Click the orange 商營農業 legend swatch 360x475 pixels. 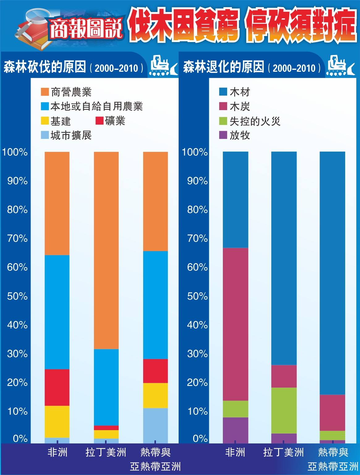[x=45, y=92]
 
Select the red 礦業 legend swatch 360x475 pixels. [x=99, y=121]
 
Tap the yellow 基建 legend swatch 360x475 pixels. [x=45, y=121]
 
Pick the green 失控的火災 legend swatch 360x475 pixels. [x=223, y=121]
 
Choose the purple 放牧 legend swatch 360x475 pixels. [x=223, y=135]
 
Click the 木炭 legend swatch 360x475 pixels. [x=223, y=106]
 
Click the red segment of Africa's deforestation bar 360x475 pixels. [x=57, y=387]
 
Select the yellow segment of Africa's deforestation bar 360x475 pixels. [x=57, y=422]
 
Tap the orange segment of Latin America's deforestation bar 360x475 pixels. [x=106, y=250]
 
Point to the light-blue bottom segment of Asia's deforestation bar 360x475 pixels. [x=155, y=425]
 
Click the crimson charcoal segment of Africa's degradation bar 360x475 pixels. [x=235, y=324]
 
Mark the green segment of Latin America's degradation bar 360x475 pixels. [x=284, y=410]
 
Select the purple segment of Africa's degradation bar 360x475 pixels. [x=235, y=430]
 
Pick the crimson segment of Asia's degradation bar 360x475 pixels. [x=332, y=413]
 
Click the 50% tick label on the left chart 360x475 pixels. [x=17, y=296]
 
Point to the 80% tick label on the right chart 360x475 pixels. [x=197, y=210]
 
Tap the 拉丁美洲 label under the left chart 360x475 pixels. [x=106, y=452]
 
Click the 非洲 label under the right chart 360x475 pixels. [x=235, y=452]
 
